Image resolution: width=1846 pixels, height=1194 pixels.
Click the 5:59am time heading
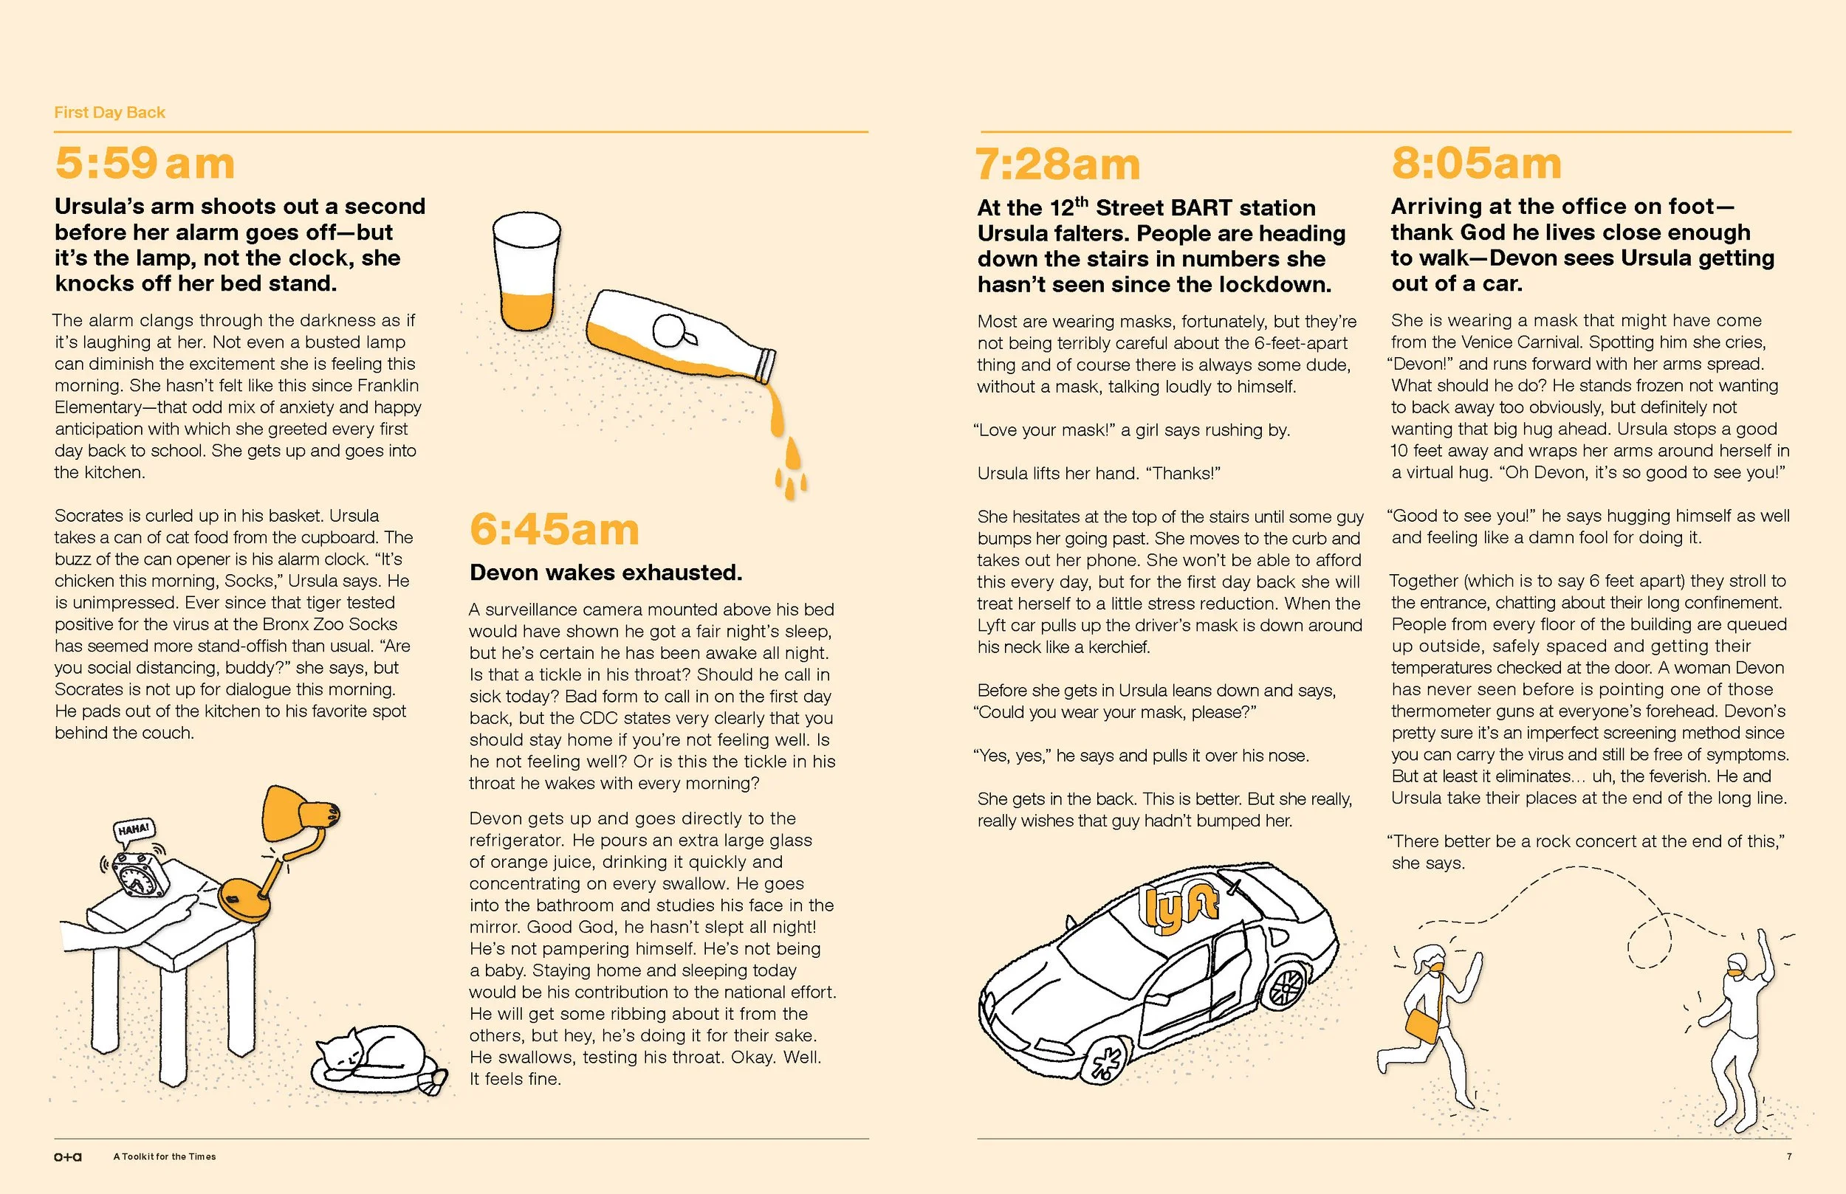tap(145, 164)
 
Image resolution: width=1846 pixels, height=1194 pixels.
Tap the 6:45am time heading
tap(554, 530)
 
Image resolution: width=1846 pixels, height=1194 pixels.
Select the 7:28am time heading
tap(1057, 165)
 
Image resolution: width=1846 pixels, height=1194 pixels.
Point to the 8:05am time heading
tap(1476, 164)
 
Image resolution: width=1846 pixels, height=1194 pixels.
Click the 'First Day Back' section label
tap(109, 112)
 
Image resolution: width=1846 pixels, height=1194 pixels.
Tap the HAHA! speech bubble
tap(134, 830)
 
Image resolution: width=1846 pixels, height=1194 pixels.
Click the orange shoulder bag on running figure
tap(1421, 1026)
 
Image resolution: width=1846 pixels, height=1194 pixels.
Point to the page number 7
tap(1788, 1156)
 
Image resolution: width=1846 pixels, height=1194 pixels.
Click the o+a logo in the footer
tap(67, 1157)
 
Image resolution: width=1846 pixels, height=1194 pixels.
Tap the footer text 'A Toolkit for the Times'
tap(165, 1157)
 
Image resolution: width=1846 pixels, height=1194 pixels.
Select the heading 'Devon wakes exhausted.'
tap(605, 572)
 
